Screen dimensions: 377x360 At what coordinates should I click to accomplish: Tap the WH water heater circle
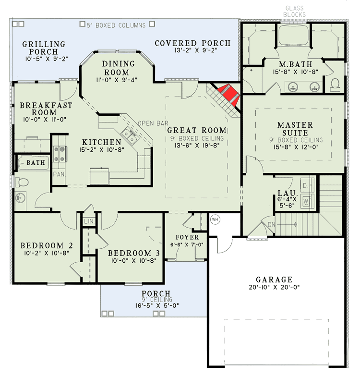coord(215,219)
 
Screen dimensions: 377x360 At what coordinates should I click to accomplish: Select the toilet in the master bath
coord(335,84)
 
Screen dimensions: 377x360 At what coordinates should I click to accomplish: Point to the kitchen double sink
coord(129,136)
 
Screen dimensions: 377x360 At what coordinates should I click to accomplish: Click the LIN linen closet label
coord(88,221)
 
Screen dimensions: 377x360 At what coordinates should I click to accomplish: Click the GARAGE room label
coord(274,280)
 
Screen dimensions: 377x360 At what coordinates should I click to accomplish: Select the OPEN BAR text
coord(153,123)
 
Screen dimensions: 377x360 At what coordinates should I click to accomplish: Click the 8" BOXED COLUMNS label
coord(113,24)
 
